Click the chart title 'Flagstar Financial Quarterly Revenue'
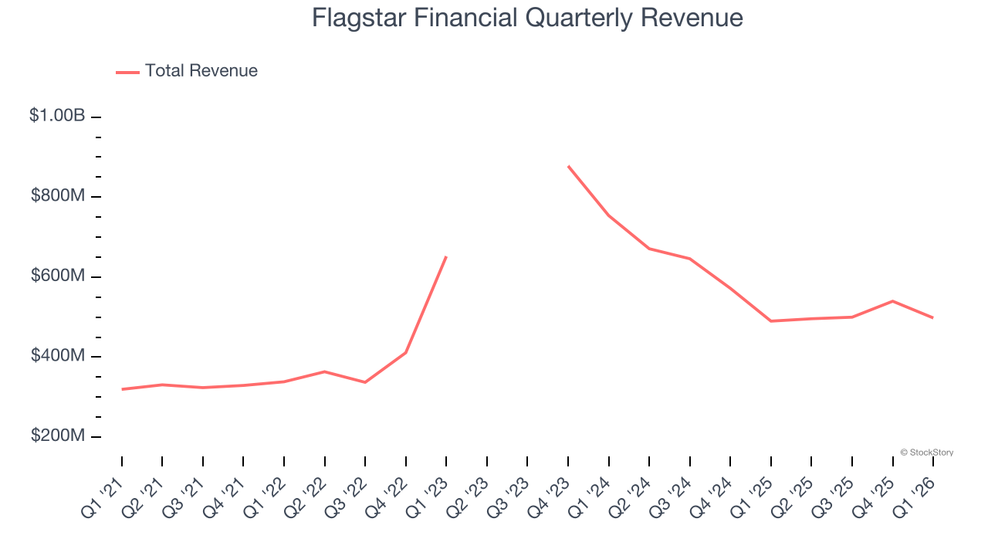pyautogui.click(x=527, y=18)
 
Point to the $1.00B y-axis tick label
pyautogui.click(x=57, y=116)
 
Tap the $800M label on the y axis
pyautogui.click(x=58, y=196)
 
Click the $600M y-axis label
pyautogui.click(x=58, y=276)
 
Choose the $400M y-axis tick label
pyautogui.click(x=58, y=356)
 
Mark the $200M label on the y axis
pyautogui.click(x=58, y=436)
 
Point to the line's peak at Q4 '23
pyautogui.click(x=568, y=166)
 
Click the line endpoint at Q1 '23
pyautogui.click(x=446, y=256)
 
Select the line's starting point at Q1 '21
pyautogui.click(x=122, y=389)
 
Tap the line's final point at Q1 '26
pyautogui.click(x=933, y=317)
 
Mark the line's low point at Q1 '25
pyautogui.click(x=771, y=320)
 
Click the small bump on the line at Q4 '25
pyautogui.click(x=892, y=301)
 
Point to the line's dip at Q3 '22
pyautogui.click(x=365, y=382)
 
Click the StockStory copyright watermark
pyautogui.click(x=926, y=453)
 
